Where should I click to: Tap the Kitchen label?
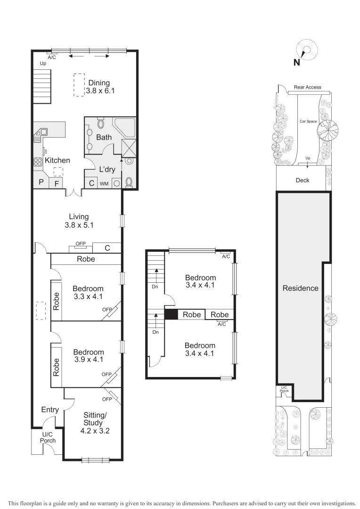click(57, 160)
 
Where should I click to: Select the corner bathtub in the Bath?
click(125, 127)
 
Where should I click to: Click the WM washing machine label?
click(104, 183)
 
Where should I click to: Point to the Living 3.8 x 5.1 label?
click(79, 221)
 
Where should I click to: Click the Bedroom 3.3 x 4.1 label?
click(88, 293)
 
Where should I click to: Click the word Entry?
click(49, 410)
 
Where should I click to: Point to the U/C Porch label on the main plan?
click(48, 438)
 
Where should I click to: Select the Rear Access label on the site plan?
click(307, 87)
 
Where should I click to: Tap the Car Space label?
click(308, 121)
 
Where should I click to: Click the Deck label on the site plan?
click(302, 180)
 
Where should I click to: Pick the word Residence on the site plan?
click(300, 288)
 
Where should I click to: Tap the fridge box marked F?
click(56, 183)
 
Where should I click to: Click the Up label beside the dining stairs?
click(43, 63)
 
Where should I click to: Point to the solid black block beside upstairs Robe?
click(171, 314)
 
